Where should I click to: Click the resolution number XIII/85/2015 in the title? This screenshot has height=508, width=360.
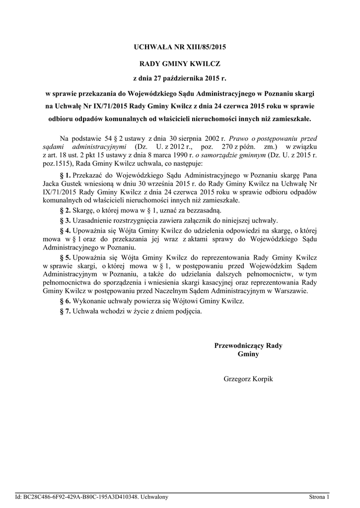coord(202,48)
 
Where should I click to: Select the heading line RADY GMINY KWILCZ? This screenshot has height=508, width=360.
coord(179,64)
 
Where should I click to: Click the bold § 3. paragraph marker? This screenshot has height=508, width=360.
coord(66,220)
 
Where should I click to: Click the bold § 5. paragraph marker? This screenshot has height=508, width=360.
coord(66,258)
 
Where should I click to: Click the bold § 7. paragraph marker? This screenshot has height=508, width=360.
coord(66,311)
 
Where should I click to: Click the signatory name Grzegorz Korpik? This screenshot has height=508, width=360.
coord(248,379)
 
